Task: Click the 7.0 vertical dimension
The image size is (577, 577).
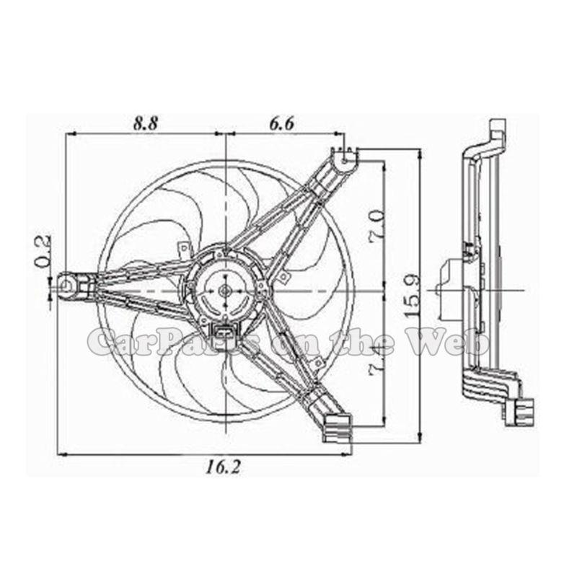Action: tap(376, 226)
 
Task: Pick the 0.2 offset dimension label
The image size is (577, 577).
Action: tap(41, 250)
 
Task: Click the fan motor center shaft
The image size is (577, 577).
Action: tap(224, 289)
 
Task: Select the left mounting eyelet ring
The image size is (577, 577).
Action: tap(66, 286)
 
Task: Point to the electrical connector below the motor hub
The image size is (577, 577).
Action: tap(224, 332)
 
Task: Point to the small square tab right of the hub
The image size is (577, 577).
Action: tap(285, 277)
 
